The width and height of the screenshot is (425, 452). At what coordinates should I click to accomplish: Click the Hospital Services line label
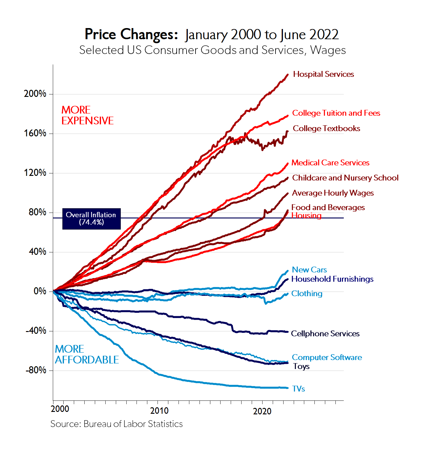(x=323, y=74)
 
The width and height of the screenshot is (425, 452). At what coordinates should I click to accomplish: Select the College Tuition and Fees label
(x=336, y=113)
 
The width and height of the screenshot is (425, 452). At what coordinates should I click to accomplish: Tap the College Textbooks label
(x=326, y=129)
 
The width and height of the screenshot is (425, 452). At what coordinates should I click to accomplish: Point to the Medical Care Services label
(x=330, y=163)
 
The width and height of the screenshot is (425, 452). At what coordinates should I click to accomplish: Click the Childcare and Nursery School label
(x=345, y=178)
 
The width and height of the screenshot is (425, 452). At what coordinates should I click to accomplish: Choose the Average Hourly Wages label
(x=333, y=193)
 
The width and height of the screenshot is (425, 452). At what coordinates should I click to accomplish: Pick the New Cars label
(x=309, y=270)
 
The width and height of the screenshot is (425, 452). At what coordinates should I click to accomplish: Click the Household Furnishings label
(x=332, y=279)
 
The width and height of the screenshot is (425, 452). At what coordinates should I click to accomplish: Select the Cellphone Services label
(x=325, y=334)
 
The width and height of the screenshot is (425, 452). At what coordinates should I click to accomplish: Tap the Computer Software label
(x=327, y=358)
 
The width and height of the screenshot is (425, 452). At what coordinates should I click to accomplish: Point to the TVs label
(x=298, y=389)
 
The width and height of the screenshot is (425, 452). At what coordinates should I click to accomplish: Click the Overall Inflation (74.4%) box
(x=91, y=219)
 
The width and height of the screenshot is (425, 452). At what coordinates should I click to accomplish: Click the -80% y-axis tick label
(x=36, y=370)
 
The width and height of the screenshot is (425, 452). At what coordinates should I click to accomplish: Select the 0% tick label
(x=40, y=291)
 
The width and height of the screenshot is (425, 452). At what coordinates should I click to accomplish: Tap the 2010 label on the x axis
(x=159, y=411)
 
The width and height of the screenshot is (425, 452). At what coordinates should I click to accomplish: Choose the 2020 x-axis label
(x=262, y=411)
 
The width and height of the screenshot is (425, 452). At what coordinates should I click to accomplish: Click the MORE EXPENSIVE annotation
(x=87, y=115)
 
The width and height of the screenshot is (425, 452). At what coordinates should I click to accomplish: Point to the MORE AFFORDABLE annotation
(x=87, y=355)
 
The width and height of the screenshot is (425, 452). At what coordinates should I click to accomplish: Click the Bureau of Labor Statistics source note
(x=116, y=424)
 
